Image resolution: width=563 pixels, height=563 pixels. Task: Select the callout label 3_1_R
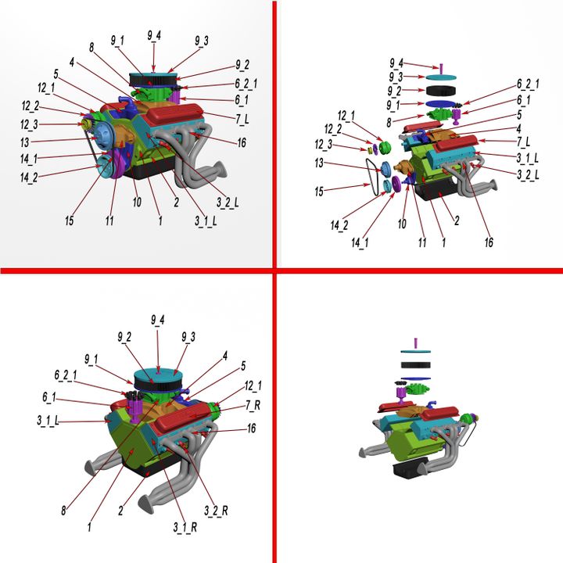[x=184, y=526]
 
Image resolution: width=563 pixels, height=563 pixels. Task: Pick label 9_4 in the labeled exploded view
[x=397, y=63]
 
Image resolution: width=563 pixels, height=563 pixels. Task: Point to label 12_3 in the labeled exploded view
[x=324, y=144]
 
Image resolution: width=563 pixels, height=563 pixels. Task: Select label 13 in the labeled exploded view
[x=320, y=163]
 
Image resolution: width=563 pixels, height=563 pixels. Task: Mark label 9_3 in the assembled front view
[x=201, y=41]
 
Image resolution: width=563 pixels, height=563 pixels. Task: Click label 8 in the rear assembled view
[x=64, y=510]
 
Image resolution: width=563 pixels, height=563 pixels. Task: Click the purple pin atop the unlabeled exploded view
[x=416, y=342]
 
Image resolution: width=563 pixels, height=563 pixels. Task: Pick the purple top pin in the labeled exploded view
[x=442, y=67]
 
